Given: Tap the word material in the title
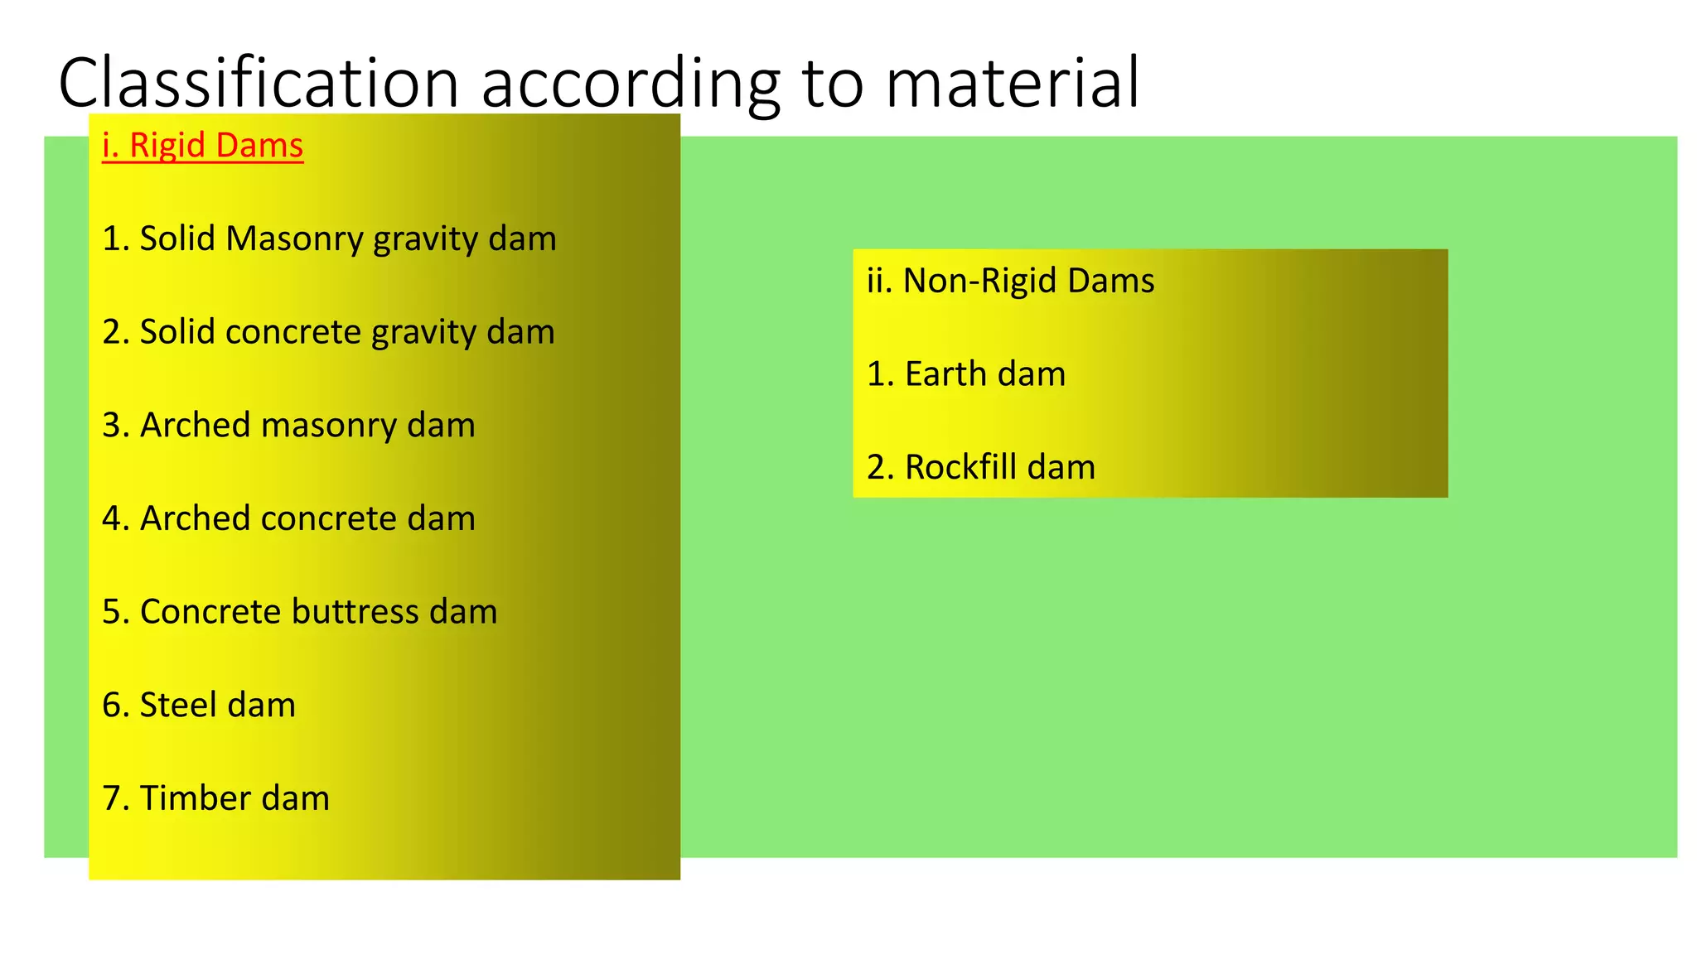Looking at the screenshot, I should click(1012, 83).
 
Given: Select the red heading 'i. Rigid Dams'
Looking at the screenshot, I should click(203, 146).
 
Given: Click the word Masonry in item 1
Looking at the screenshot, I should click(295, 239).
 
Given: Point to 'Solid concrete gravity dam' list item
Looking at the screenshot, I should click(328, 332).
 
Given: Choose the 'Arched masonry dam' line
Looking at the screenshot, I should click(288, 426).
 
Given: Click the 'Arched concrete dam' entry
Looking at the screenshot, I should click(288, 519).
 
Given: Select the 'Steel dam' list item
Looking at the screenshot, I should click(199, 706).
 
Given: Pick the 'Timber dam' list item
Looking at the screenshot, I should click(215, 799).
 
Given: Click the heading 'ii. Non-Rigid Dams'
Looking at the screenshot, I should click(1010, 282).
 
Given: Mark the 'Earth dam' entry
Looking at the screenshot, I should click(966, 374).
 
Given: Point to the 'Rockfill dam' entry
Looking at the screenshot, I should click(981, 468).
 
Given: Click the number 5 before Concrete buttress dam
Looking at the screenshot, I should click(111, 613).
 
